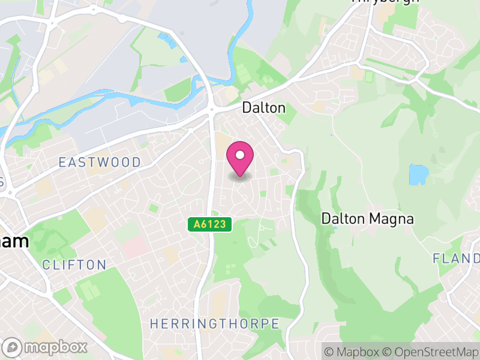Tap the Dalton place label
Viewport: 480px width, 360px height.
coord(263,108)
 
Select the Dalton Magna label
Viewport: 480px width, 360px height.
coord(367,219)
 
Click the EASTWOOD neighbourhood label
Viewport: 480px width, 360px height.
coord(100,163)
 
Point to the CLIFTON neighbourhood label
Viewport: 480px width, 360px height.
coord(74,265)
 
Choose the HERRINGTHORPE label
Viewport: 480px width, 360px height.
coord(214,324)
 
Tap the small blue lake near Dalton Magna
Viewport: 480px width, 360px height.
coord(417,175)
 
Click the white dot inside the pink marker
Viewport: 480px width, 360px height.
coord(240,155)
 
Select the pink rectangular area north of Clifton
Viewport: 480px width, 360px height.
coord(136,247)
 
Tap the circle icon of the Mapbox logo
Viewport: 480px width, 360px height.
coord(12,347)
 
